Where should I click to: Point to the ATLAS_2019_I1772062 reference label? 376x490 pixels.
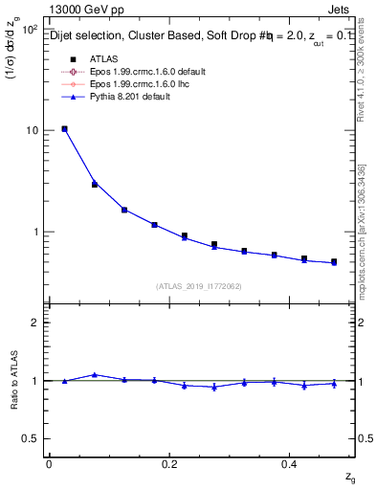pyautogui.click(x=200, y=286)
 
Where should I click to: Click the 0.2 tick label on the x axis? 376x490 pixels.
pyautogui.click(x=170, y=462)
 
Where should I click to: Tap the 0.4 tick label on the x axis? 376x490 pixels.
pyautogui.click(x=291, y=462)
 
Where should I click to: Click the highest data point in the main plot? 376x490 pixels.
pyautogui.click(x=64, y=128)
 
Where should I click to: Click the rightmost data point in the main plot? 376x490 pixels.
pyautogui.click(x=334, y=261)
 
